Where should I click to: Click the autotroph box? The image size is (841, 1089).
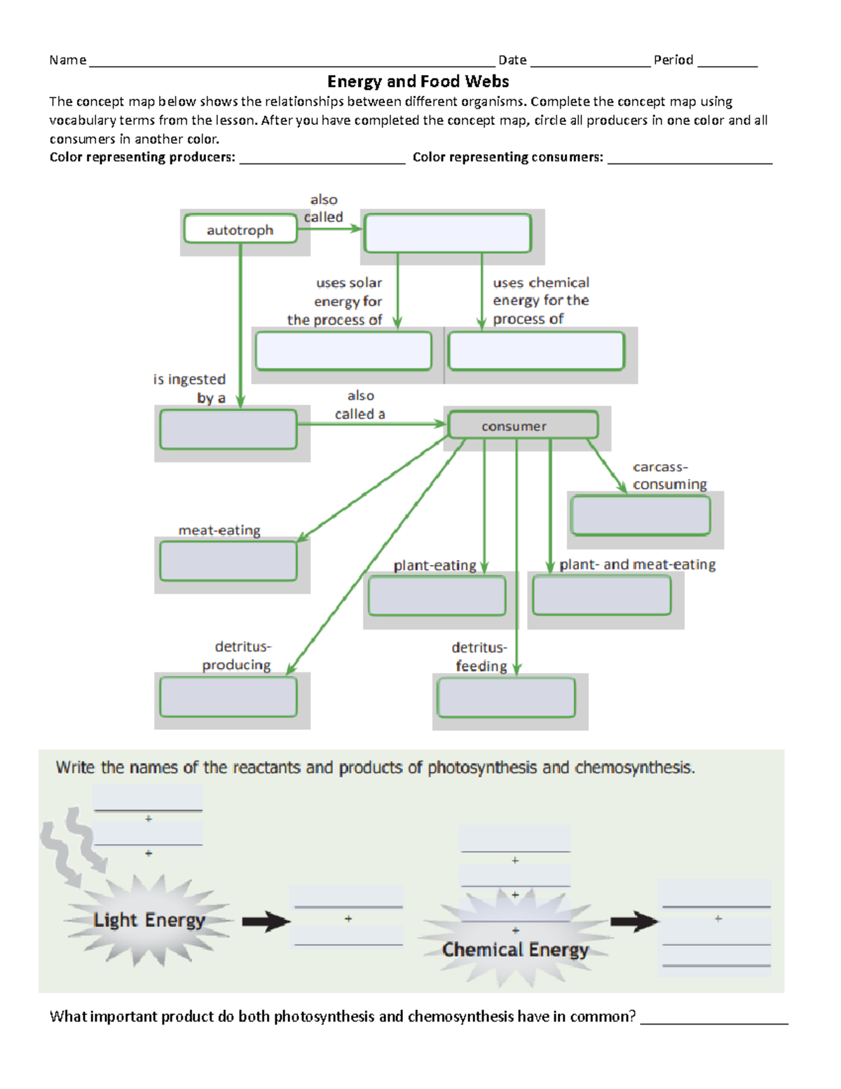click(x=240, y=229)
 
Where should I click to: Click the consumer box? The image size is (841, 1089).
click(x=523, y=426)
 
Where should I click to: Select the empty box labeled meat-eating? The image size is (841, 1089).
click(x=228, y=562)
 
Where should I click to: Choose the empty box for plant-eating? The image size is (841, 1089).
click(x=437, y=596)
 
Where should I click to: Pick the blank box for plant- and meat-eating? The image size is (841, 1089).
click(x=601, y=595)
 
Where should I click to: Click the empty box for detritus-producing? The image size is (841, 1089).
click(x=228, y=697)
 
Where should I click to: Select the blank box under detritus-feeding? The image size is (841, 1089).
click(x=506, y=698)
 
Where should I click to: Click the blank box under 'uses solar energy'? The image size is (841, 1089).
click(x=343, y=351)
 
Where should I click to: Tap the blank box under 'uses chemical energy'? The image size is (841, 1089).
click(x=536, y=351)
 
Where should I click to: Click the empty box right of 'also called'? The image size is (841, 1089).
click(x=447, y=234)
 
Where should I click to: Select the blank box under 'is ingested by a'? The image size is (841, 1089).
click(x=228, y=430)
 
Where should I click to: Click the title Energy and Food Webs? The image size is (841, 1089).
click(x=418, y=81)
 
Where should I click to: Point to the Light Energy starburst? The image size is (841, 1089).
click(x=149, y=920)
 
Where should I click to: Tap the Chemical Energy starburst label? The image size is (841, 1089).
click(x=515, y=949)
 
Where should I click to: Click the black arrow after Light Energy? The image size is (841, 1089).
click(x=266, y=921)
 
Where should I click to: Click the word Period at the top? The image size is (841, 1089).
click(x=673, y=60)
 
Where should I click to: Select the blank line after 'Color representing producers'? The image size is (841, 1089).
click(x=322, y=158)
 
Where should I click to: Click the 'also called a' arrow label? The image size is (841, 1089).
click(x=360, y=405)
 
